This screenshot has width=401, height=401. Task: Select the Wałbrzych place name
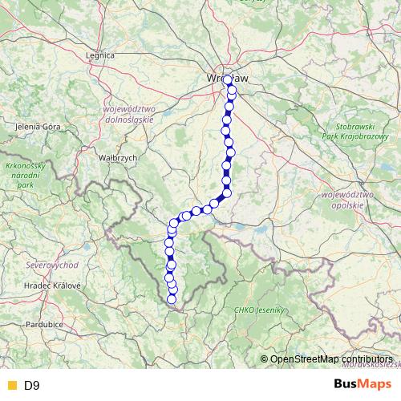pos(119,158)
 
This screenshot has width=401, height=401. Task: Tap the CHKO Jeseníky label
pos(259,310)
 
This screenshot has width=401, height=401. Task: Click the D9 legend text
pos(31,385)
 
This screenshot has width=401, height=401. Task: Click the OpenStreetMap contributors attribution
pos(330,359)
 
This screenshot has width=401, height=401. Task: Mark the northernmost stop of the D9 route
pos(228,79)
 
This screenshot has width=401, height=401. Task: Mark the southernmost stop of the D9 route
pos(171,299)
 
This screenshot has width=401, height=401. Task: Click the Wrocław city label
pos(228,77)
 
